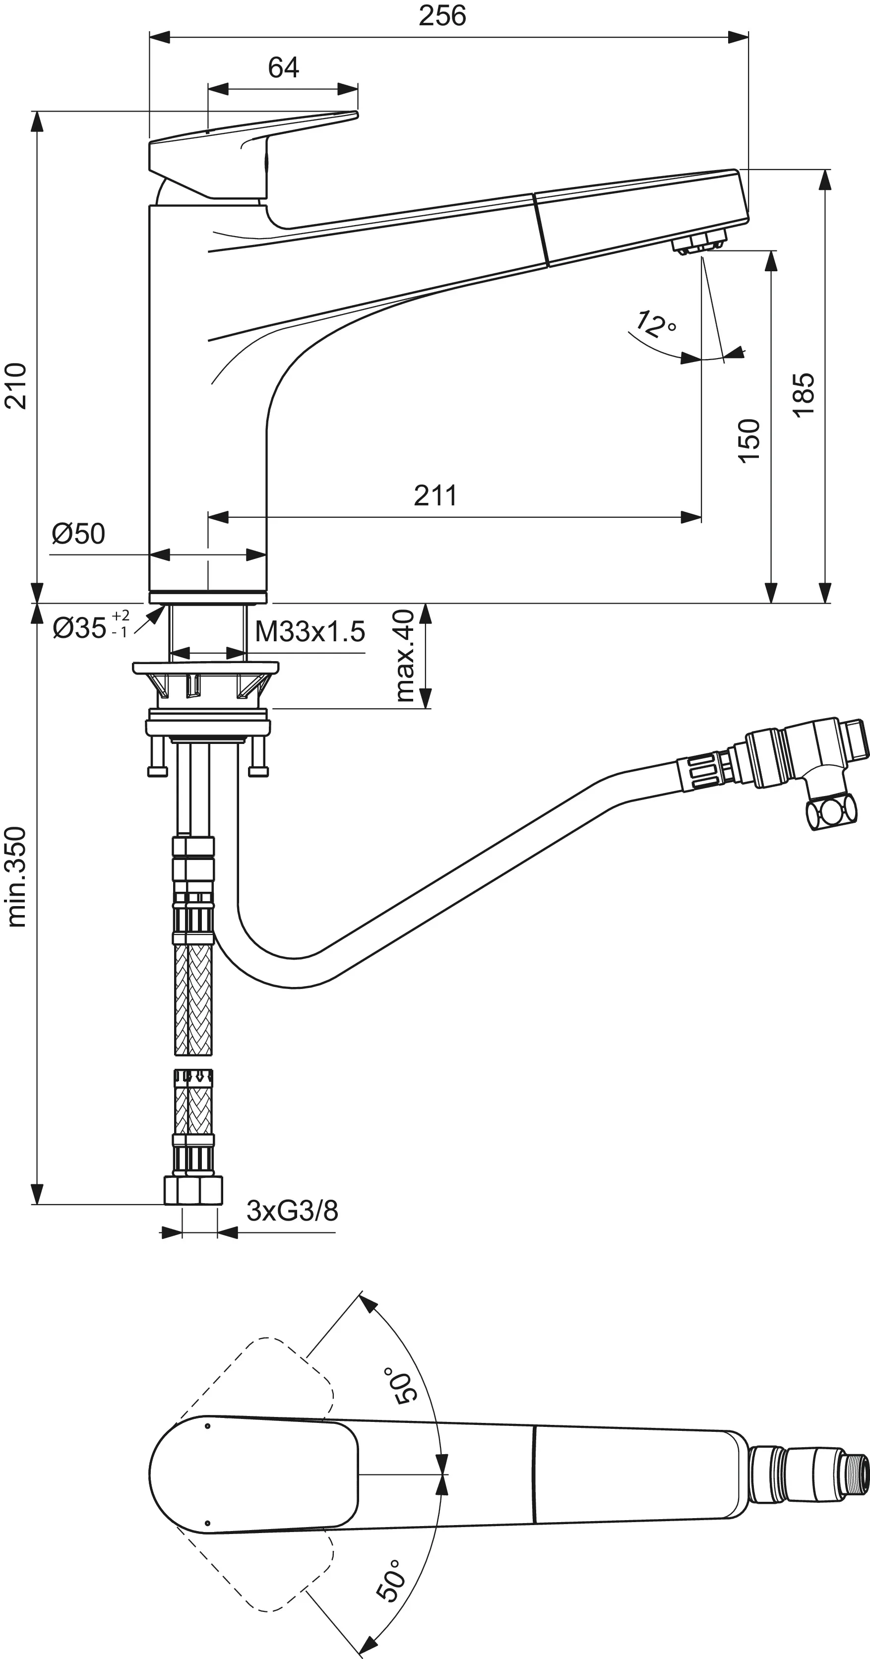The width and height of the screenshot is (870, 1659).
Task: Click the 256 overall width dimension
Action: point(442,16)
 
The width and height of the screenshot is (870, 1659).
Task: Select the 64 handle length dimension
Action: point(283,67)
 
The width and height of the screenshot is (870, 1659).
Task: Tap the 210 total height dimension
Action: point(16,386)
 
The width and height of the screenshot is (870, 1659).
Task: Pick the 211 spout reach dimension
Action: point(435,496)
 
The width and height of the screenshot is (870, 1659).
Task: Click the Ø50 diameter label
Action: point(78,534)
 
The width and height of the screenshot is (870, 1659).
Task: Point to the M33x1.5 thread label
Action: point(310,632)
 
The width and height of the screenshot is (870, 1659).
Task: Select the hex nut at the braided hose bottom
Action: point(193,1190)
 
